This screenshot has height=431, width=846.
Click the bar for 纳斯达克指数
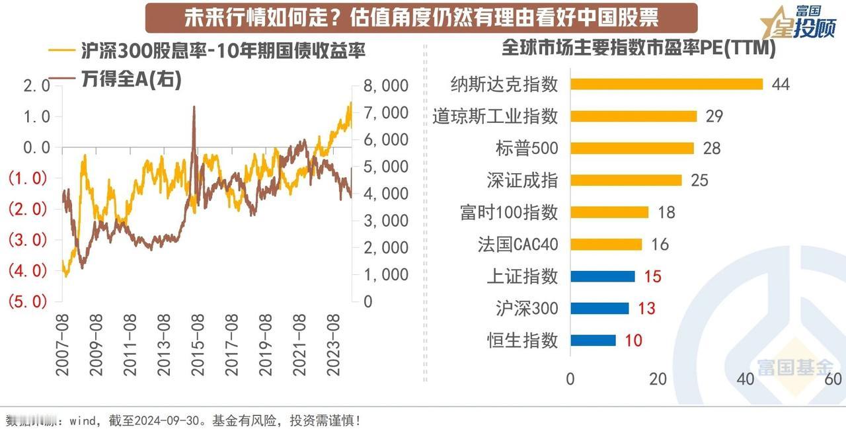pos(666,84)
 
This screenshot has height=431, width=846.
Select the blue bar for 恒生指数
pos(592,340)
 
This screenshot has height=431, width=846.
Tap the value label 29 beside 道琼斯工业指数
pos(714,116)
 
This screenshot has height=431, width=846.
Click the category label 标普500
pos(526,148)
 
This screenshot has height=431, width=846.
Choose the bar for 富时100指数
pos(609,212)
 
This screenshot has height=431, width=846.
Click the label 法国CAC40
pos(518,245)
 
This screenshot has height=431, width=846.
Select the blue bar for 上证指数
pos(602,276)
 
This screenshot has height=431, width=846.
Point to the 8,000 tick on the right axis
pos(385,86)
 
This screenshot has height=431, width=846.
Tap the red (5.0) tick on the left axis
pos(26,301)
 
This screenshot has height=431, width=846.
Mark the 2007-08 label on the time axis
pos(62,345)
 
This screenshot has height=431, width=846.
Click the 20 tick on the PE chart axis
pos(658,379)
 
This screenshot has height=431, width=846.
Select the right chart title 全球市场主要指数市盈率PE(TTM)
pos(638,48)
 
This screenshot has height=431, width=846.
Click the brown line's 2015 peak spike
pos(194,107)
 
